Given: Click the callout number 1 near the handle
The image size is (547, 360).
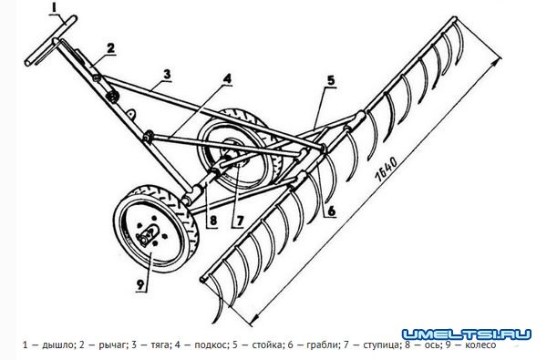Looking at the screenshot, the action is [x=54, y=7].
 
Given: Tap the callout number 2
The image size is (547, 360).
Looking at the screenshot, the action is [x=110, y=47].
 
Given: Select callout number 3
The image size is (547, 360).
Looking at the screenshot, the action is [x=167, y=75].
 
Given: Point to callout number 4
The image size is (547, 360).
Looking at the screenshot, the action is [x=227, y=79].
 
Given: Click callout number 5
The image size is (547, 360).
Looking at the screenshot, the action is [x=330, y=81].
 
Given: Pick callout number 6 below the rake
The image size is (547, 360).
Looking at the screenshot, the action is [x=331, y=211].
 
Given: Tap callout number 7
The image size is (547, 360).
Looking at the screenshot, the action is [x=239, y=221].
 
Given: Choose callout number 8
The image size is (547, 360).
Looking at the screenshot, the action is [x=212, y=221].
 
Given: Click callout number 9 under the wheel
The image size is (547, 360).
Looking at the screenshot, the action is [x=139, y=284].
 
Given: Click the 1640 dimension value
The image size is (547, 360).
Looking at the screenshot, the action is [x=387, y=169].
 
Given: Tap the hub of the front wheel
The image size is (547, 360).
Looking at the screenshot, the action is [x=148, y=234].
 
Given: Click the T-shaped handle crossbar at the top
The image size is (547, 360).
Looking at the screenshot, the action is [x=50, y=40].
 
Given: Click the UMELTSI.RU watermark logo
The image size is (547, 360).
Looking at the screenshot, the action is [x=467, y=334].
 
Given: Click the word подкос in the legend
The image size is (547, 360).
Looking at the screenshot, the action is [x=210, y=345].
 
